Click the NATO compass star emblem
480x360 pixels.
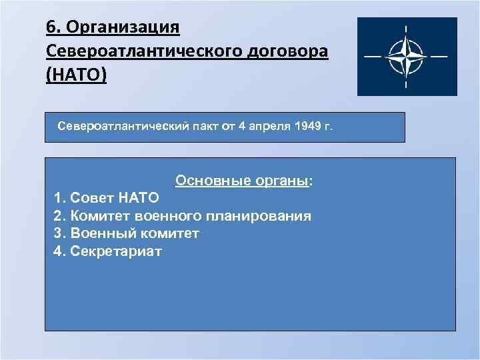(407, 57)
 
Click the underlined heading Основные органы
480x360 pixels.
(243, 181)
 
